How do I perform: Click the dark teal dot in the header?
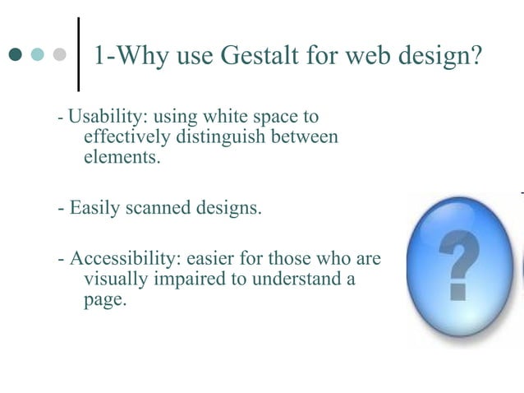click(16, 55)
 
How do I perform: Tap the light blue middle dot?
click(37, 55)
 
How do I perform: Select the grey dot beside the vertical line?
click(59, 55)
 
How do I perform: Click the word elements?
click(122, 156)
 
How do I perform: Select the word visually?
click(114, 279)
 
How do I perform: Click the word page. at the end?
click(105, 299)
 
